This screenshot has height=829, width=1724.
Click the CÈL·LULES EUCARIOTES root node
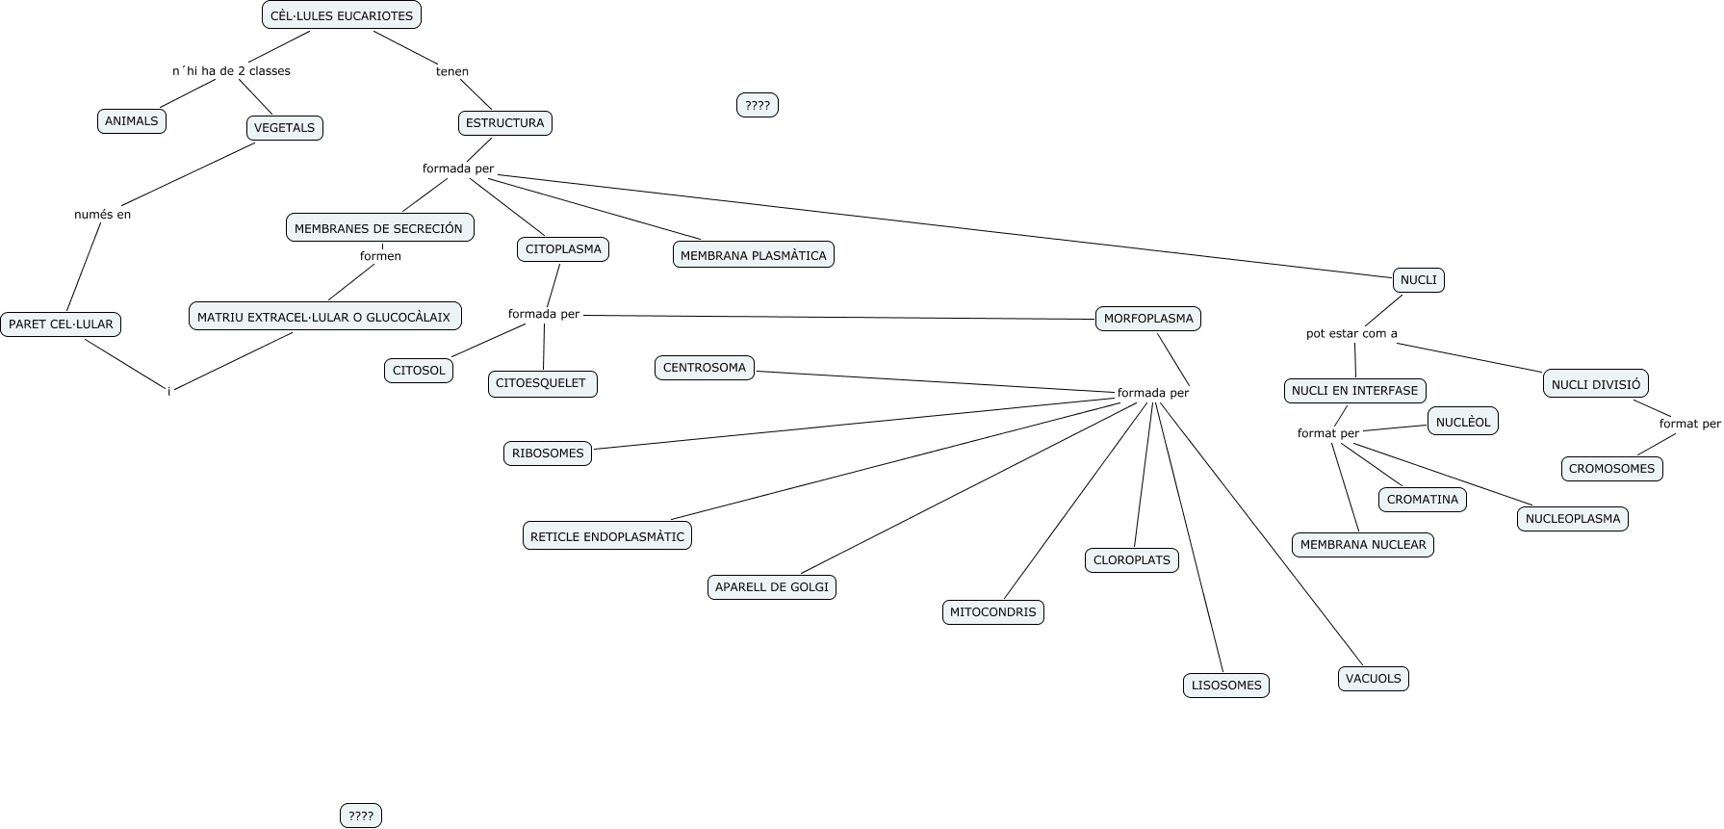click(342, 15)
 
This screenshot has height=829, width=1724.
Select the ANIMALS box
click(132, 121)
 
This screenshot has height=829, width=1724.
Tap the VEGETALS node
click(284, 128)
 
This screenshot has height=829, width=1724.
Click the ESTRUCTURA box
click(504, 123)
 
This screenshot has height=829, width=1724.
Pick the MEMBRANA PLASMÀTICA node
click(753, 255)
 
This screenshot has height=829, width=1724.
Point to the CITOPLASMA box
click(563, 249)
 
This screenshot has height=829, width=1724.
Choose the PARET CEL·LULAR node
click(61, 324)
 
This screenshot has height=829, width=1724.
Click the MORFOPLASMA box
click(1147, 319)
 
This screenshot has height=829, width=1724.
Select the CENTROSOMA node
click(705, 368)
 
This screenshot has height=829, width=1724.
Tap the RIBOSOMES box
click(548, 453)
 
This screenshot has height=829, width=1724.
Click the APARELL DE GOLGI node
click(771, 587)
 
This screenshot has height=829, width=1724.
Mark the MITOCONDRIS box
click(992, 612)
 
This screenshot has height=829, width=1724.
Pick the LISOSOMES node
click(1226, 686)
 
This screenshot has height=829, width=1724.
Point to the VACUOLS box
click(1373, 679)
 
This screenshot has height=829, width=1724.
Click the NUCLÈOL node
click(1463, 422)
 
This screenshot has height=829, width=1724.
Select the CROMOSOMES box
click(1611, 469)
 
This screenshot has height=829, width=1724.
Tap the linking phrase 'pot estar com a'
click(1351, 334)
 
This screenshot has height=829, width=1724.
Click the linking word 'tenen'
click(452, 71)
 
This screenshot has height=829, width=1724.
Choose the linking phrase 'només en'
click(102, 215)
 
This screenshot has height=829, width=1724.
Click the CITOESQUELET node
click(542, 383)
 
